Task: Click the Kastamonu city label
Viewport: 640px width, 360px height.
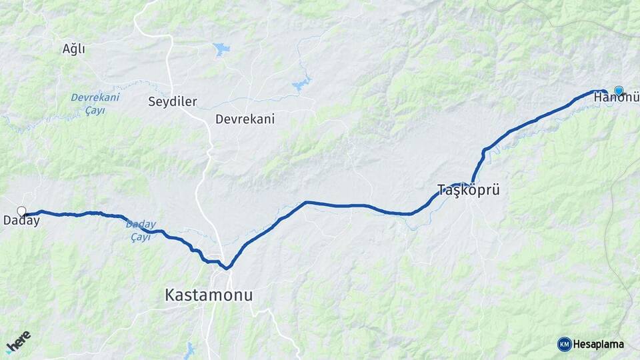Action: coord(209,295)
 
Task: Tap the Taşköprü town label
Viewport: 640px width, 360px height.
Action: coord(468,189)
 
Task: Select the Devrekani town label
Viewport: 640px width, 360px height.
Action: coord(245,119)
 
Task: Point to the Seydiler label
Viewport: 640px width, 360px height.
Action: coord(172,102)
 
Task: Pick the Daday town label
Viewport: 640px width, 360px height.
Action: coord(21,221)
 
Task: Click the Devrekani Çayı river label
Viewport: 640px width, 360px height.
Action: coord(95,103)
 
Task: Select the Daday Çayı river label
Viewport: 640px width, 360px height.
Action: coord(140,231)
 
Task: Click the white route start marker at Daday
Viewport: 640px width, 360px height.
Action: coord(21,211)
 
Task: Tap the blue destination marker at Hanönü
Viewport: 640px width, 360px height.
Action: coord(619,91)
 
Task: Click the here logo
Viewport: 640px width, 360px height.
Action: coord(18,343)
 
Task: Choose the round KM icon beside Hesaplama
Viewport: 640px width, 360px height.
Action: coord(564,344)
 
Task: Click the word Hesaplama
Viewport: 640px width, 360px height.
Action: coord(598,344)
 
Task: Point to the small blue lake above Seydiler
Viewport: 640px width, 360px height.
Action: coord(221,49)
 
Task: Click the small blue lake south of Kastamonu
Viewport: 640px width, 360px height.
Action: coord(190,349)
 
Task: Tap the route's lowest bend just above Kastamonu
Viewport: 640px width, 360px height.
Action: coord(227,268)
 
